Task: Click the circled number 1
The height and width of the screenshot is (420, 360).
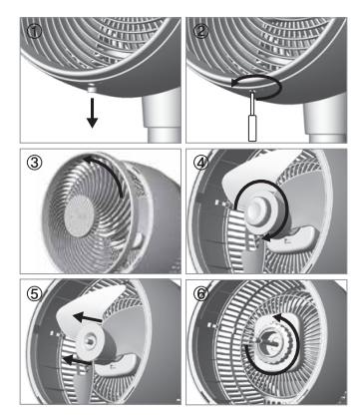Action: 34,32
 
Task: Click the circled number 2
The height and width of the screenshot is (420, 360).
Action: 200,31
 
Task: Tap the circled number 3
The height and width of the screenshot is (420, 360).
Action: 35,163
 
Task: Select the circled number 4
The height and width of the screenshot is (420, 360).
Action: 201,163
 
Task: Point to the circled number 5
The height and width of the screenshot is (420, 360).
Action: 35,294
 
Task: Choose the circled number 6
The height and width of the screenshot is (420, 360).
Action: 201,294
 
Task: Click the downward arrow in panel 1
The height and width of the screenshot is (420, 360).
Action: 92,113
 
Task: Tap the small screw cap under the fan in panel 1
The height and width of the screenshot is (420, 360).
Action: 91,89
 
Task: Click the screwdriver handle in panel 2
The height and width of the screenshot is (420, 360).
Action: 252,128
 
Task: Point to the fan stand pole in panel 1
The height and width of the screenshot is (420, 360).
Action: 163,115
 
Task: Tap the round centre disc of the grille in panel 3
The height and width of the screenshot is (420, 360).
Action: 79,215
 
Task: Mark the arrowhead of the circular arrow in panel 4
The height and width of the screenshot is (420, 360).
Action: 266,237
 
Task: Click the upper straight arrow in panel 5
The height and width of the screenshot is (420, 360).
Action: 87,318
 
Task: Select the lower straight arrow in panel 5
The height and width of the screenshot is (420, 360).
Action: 77,360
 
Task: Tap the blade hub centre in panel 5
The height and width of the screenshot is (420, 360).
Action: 90,340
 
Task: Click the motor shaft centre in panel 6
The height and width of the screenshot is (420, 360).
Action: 269,342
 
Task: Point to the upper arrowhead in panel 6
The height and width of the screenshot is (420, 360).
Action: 277,317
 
